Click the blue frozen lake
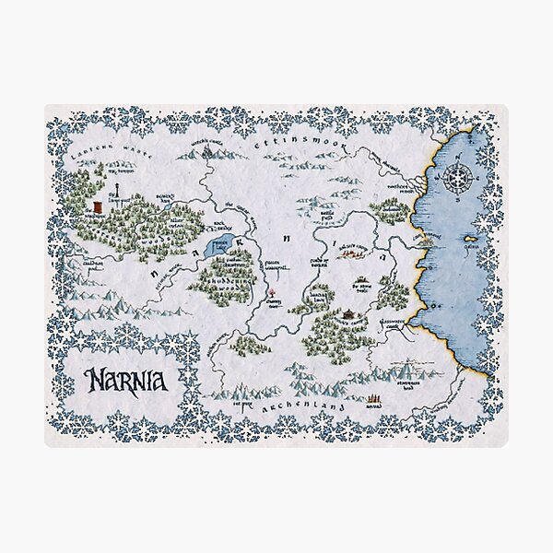click(219, 245)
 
